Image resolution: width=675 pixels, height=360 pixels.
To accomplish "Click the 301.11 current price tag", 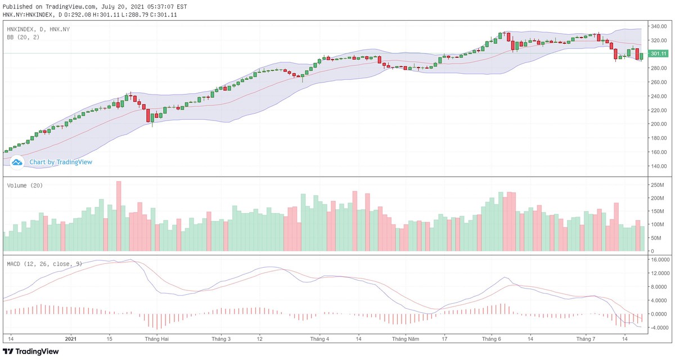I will pos(658,53).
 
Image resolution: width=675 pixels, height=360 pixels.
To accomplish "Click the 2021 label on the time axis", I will pos(70,339).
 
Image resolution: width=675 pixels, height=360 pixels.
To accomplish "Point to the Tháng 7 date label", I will pos(586,339).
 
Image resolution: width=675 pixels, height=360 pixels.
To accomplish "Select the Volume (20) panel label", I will pos(25,185).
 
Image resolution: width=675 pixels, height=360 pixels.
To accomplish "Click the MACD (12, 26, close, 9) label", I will pos(44,263).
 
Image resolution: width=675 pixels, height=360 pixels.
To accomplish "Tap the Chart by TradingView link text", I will pos(61,162).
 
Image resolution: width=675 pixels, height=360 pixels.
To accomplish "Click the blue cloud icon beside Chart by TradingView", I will pos(17,162).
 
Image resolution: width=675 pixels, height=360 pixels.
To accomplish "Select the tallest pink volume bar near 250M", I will pos(119,216).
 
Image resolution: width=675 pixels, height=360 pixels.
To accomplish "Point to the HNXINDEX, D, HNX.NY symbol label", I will pos(39,29).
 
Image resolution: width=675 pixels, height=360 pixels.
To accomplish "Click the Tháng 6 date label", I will pos(492,339).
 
